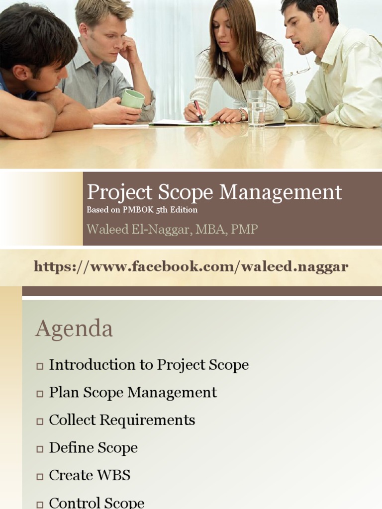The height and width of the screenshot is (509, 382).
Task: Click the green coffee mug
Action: coord(133,99)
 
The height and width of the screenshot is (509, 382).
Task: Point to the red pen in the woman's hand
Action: coord(198,111)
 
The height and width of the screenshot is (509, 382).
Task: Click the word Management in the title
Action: coord(281,192)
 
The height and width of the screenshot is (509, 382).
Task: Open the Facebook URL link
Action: coord(191,267)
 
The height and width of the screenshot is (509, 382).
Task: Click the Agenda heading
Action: coord(74,329)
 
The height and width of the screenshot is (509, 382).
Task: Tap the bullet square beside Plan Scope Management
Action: coord(40,394)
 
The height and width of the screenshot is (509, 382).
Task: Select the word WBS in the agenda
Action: coord(114,475)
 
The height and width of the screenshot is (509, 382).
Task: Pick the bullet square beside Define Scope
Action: coord(40,449)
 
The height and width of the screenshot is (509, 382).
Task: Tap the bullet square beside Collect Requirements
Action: coord(40,422)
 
